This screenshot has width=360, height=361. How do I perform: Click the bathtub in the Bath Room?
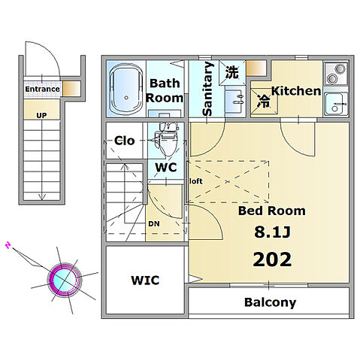pyautogui.click(x=126, y=89)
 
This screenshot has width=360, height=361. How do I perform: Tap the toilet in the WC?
pyautogui.click(x=166, y=139)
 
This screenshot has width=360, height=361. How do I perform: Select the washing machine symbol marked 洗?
pyautogui.click(x=232, y=72)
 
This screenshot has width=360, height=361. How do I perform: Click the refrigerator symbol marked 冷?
pyautogui.click(x=265, y=101)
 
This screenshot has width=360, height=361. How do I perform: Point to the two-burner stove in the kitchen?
pyautogui.click(x=336, y=73)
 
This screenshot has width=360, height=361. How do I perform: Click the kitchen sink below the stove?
pyautogui.click(x=336, y=104)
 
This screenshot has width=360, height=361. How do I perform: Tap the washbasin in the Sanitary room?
pyautogui.click(x=235, y=100)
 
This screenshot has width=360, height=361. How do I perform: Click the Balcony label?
pyautogui.click(x=270, y=302)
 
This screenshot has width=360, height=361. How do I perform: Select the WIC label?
pyautogui.click(x=145, y=281)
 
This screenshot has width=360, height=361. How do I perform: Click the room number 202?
pyautogui.click(x=272, y=259)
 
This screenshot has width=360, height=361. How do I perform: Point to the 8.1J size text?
pyautogui.click(x=272, y=232)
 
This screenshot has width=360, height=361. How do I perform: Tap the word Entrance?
pyautogui.click(x=42, y=89)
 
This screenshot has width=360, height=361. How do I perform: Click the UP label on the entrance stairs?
pyautogui.click(x=41, y=116)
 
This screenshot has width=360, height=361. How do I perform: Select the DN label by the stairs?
pyautogui.click(x=154, y=223)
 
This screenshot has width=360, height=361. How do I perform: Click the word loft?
pyautogui.click(x=196, y=181)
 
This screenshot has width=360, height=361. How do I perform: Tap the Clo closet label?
pyautogui.click(x=125, y=141)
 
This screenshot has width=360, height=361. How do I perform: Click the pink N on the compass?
pyautogui.click(x=8, y=245)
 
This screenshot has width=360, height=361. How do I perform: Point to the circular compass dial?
pyautogui.click(x=65, y=280)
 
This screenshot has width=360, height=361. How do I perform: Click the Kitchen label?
pyautogui.click(x=296, y=91)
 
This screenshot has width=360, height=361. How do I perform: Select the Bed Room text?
pyautogui.click(x=272, y=211)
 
